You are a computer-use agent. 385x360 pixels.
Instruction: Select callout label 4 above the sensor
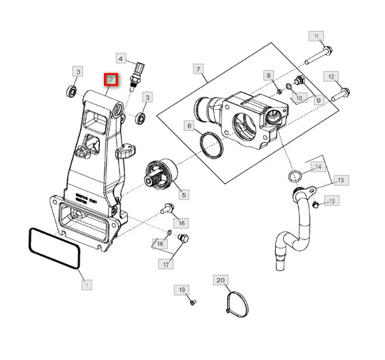(x=121, y=58)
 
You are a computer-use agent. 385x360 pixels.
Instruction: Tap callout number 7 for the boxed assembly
(x=199, y=70)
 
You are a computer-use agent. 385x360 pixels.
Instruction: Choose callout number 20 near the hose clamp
(x=220, y=281)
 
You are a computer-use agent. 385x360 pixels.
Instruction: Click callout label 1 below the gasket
(x=86, y=285)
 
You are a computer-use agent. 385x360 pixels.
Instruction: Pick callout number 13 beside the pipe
(x=341, y=180)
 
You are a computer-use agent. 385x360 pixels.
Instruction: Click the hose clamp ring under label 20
(x=237, y=303)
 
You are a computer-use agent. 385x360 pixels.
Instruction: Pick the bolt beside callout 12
(x=340, y=92)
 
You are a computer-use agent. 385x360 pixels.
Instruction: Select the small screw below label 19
(x=193, y=302)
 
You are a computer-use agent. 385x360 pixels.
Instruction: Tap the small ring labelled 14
(x=296, y=175)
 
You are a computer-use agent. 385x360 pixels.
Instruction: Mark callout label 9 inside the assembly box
(x=318, y=101)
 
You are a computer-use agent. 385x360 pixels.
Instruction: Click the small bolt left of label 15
(x=315, y=204)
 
